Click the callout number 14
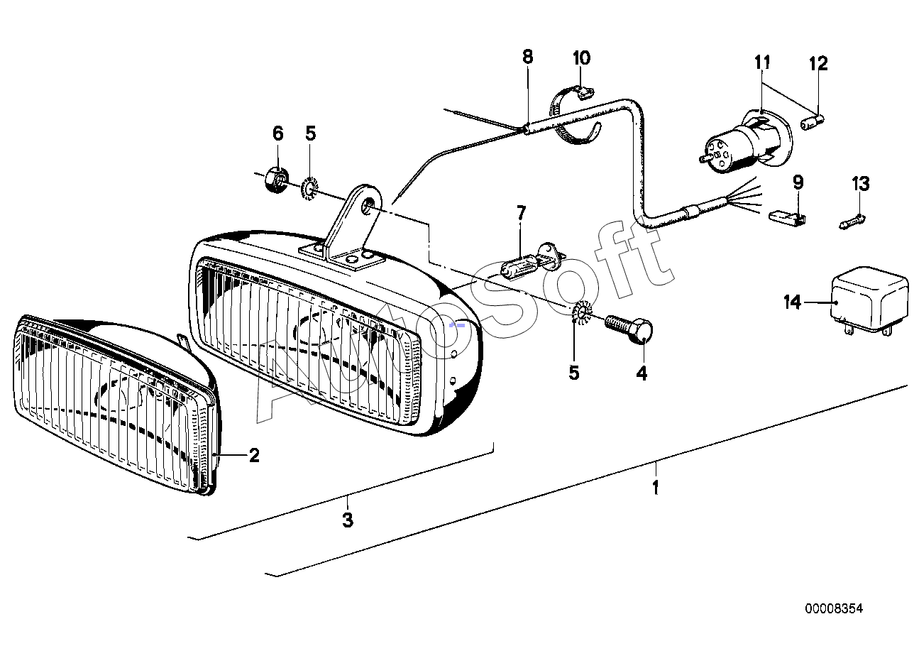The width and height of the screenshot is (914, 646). (792, 302)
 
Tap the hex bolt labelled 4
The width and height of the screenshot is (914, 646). (629, 330)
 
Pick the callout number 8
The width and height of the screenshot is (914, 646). (527, 57)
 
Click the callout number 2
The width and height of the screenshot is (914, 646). (253, 455)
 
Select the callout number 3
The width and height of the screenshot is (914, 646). (347, 520)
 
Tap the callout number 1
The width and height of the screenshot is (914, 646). (655, 488)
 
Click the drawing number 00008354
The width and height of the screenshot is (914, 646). (834, 608)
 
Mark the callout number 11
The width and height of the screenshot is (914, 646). (762, 62)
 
